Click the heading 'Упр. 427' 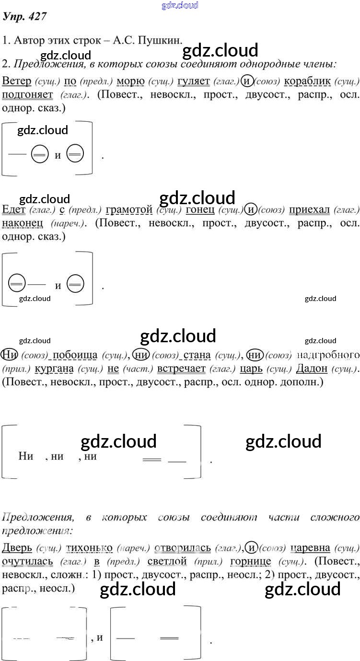pos(24,17)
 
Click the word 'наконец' pos(23,223)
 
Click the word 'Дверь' pos(17,547)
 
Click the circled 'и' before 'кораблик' pos(246,81)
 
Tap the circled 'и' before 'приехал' pos(251,209)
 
